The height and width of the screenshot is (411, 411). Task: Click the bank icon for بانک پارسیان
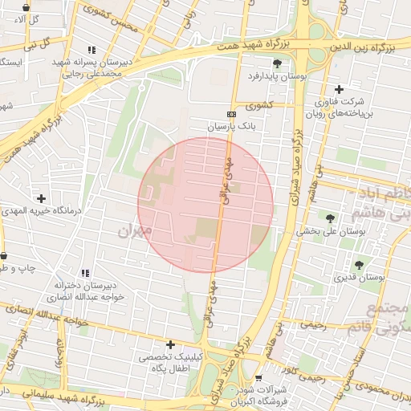pyautogui.click(x=231, y=115)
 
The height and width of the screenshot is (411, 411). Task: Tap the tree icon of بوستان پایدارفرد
pyautogui.click(x=278, y=63)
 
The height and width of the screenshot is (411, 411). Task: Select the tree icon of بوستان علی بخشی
pyautogui.click(x=330, y=217)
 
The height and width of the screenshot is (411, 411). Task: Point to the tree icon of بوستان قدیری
pyautogui.click(x=358, y=264)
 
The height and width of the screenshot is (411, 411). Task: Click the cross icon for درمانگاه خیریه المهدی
pyautogui.click(x=41, y=197)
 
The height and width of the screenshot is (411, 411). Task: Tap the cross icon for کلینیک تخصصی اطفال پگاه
pyautogui.click(x=170, y=344)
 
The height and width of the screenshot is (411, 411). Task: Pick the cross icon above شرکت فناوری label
pyautogui.click(x=339, y=89)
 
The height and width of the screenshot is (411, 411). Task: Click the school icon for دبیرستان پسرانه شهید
pyautogui.click(x=92, y=50)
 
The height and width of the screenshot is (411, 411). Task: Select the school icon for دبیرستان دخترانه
pyautogui.click(x=84, y=274)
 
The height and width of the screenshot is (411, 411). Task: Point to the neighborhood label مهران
pyautogui.click(x=134, y=231)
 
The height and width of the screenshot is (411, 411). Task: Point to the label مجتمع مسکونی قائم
pyautogui.click(x=389, y=318)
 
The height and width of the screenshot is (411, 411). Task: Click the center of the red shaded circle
pyautogui.click(x=205, y=205)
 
